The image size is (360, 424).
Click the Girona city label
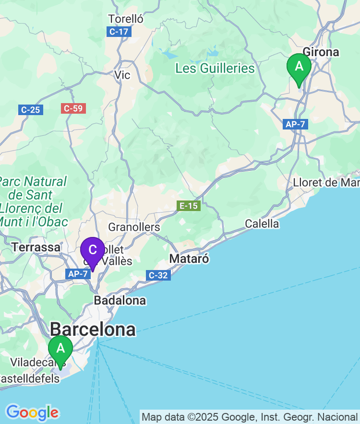pyautogui.click(x=321, y=52)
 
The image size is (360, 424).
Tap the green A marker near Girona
pyautogui.click(x=299, y=68)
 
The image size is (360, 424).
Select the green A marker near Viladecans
pyautogui.click(x=60, y=350)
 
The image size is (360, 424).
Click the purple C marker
pyautogui.click(x=92, y=250)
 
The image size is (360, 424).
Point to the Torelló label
pyautogui.click(x=126, y=19)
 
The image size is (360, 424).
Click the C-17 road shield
pyautogui.click(x=119, y=32)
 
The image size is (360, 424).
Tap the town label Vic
pyautogui.click(x=122, y=75)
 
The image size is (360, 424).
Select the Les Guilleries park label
pyautogui.click(x=215, y=68)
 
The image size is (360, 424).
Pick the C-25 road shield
pyautogui.click(x=31, y=110)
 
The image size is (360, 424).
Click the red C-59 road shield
pyautogui.click(x=73, y=108)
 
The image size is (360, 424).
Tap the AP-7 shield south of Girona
pyautogui.click(x=295, y=124)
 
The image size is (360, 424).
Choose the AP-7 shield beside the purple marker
pyautogui.click(x=77, y=273)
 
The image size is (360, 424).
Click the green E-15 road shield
pyautogui.click(x=188, y=206)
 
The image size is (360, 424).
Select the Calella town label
pyautogui.click(x=262, y=224)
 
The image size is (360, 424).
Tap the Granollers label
pyautogui.click(x=134, y=227)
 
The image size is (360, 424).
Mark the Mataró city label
pyautogui.click(x=189, y=259)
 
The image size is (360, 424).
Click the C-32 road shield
pyautogui.click(x=158, y=275)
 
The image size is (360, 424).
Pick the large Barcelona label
pyautogui.click(x=93, y=330)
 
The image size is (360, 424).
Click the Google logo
pyautogui.click(x=32, y=412)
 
